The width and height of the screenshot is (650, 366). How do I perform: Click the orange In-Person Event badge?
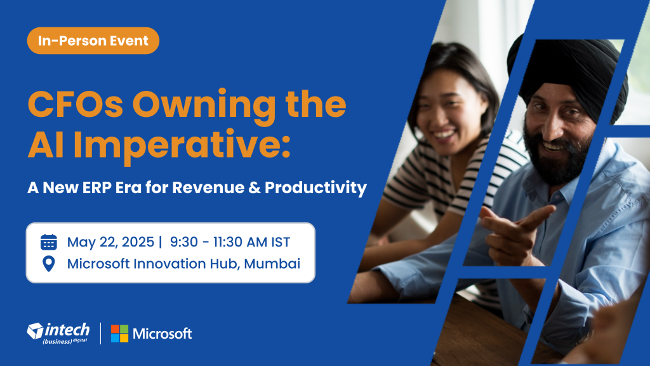click(93, 41)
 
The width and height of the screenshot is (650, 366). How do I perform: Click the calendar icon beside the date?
click(48, 242)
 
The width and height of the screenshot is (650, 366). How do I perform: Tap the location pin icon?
click(48, 264)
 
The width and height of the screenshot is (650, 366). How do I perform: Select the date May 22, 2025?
click(110, 242)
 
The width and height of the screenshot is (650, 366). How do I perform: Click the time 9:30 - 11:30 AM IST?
click(230, 242)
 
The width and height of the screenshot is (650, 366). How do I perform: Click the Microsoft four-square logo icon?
click(119, 334)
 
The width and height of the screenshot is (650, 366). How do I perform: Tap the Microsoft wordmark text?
click(162, 334)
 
